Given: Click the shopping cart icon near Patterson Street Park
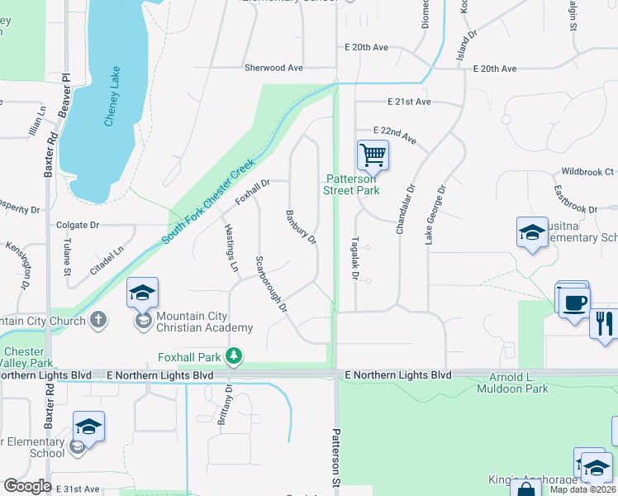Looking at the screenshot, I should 373,154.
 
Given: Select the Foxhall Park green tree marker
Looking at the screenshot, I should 235,355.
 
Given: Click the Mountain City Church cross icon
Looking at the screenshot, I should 98,320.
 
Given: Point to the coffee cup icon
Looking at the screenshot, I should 573,300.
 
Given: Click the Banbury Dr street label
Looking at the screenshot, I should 302,227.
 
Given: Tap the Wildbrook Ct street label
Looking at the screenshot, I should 587,172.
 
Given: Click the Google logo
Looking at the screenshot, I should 27,486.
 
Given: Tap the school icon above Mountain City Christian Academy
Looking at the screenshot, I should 142,292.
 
